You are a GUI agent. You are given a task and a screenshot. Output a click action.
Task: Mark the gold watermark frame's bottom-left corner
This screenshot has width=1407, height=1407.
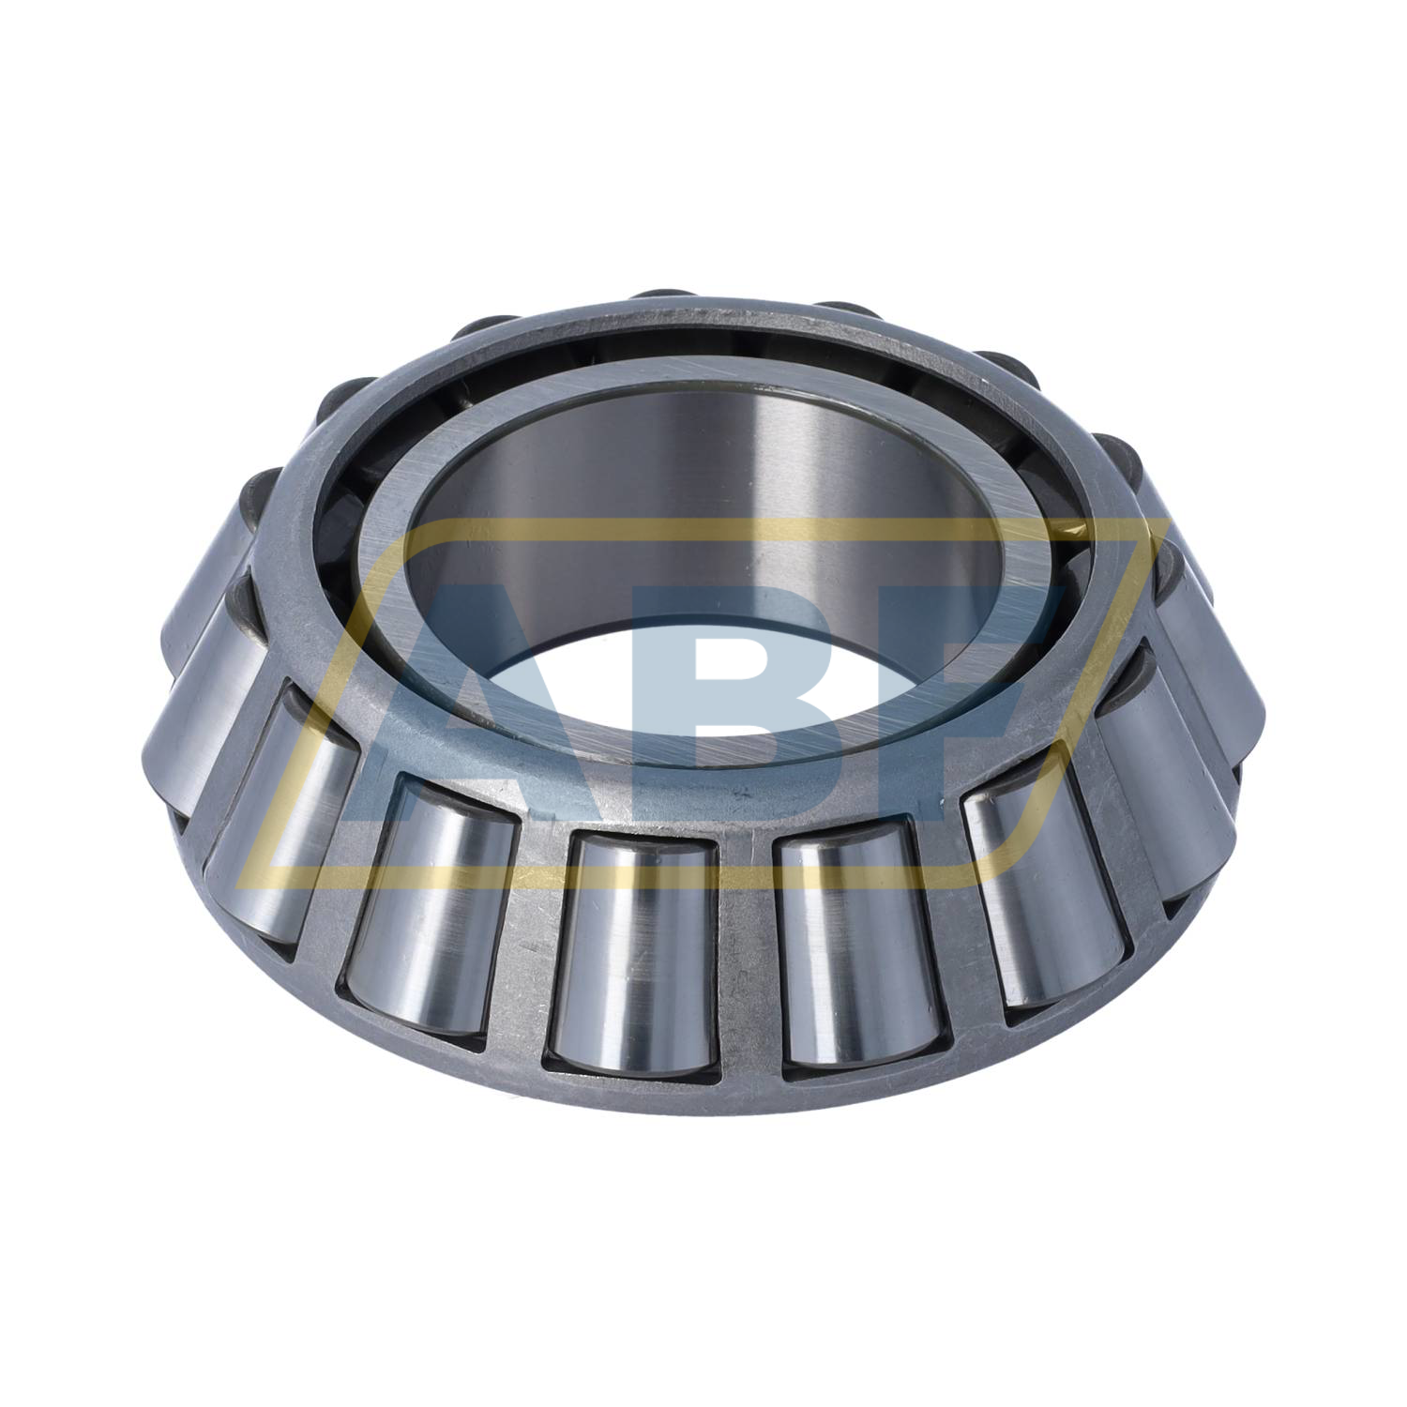point(246,879)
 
